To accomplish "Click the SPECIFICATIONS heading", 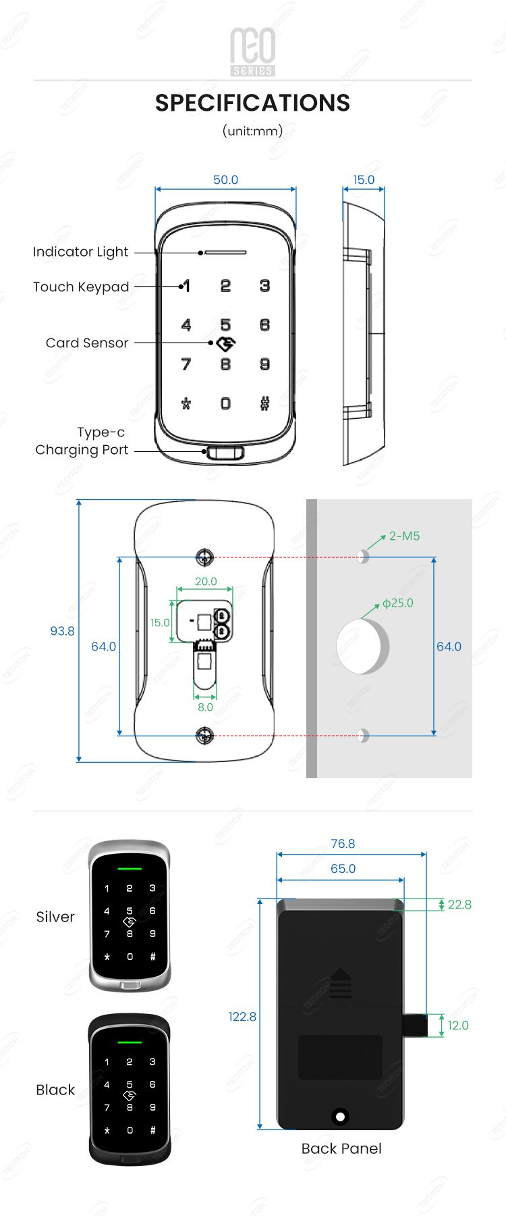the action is pos(252,103).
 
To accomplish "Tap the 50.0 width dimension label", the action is pos(225,180).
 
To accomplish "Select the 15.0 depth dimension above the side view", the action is pos(364,180).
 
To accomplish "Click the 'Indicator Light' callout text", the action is pos(80,252).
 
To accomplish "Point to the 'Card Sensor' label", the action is pos(87,343).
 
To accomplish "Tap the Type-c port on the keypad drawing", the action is pos(225,451).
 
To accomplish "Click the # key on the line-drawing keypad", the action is pos(264,403).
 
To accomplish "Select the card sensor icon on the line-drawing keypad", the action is pos(225,344).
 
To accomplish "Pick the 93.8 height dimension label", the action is pos(62,631).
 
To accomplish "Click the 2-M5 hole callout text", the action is pos(404,536).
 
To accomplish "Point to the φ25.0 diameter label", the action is pos(398,603).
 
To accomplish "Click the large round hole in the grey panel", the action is pos(363,647).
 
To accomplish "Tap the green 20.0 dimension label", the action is pos(206,581).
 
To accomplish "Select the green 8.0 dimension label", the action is pos(205,707).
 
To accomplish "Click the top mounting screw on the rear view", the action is pos(204,557).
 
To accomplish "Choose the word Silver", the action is pos(55,917).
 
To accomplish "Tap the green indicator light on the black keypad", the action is pos(130,1042).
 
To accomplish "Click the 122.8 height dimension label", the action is pos(242,1017).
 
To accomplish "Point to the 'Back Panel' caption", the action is pos(341,1148).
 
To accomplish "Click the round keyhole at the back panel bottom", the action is pos(341,1116).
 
